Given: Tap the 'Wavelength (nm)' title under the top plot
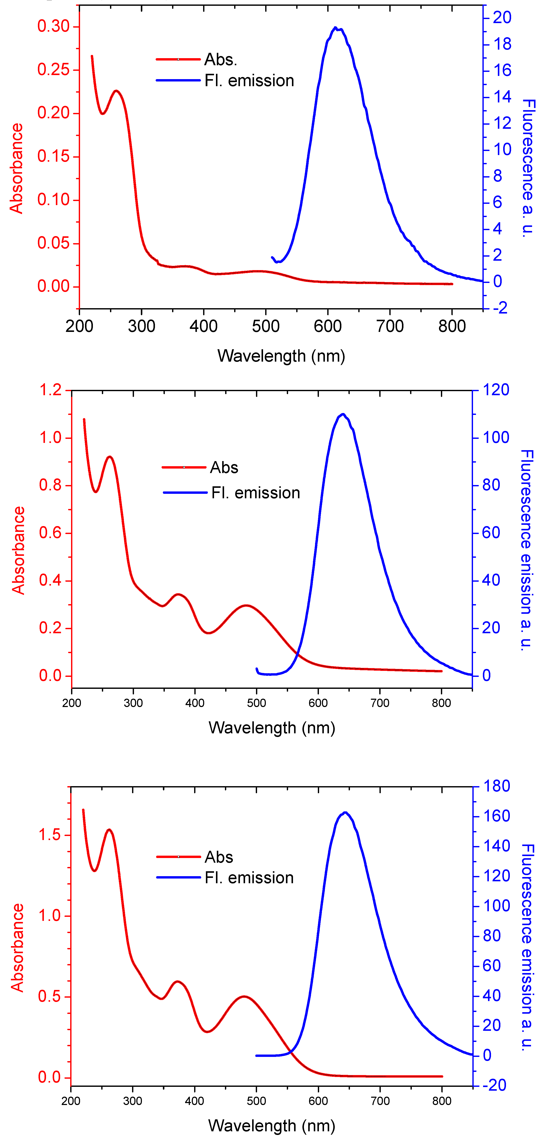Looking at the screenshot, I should pos(281,356).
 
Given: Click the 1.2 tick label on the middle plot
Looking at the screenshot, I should pos(50,390).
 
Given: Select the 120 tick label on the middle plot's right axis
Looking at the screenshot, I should pos(496,390).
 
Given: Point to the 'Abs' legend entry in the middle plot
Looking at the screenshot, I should pos(224,467).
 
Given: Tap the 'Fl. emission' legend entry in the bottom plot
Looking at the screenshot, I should pos(249,878).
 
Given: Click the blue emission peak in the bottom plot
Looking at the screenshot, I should pos(345,813).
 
